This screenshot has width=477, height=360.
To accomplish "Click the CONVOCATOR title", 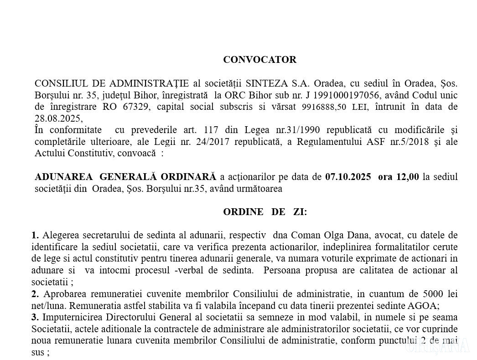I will (x=259, y=60).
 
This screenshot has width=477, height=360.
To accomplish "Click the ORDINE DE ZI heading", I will (x=264, y=212).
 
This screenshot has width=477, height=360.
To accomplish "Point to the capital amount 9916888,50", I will (x=323, y=108).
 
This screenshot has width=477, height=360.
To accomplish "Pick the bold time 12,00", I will (x=408, y=177).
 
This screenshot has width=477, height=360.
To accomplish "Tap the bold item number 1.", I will (x=35, y=235).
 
